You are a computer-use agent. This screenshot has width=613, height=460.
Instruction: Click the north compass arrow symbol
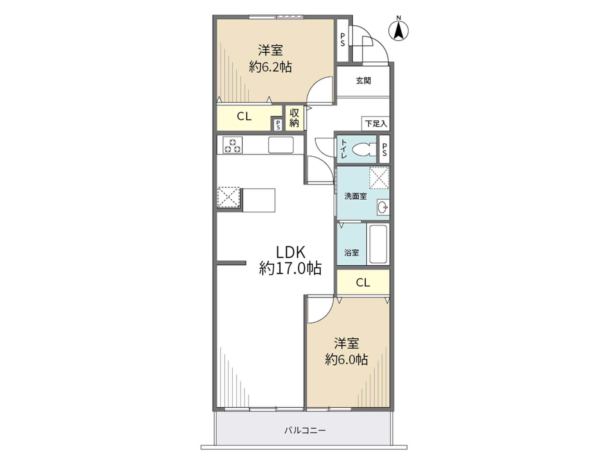tap(398, 31)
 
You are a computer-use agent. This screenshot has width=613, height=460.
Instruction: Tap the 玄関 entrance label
tap(364, 81)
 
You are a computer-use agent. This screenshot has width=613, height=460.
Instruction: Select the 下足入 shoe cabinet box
tap(376, 124)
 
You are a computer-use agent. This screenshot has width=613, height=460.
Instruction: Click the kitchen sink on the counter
tap(281, 145)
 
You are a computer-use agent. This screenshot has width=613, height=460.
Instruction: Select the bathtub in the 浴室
tap(378, 244)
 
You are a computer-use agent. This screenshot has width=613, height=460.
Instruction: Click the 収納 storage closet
tap(294, 118)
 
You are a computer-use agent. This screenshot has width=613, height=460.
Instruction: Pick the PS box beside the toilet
tap(385, 149)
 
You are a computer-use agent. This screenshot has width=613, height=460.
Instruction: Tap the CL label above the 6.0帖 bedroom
tap(363, 282)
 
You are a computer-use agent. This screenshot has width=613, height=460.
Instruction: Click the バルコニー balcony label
tap(305, 431)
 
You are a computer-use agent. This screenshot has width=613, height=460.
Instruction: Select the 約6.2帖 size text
tap(270, 67)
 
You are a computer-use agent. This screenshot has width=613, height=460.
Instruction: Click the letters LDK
tap(291, 252)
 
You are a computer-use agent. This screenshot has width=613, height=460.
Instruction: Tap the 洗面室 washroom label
tap(356, 196)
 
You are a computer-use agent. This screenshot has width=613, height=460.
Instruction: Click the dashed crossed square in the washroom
tap(379, 178)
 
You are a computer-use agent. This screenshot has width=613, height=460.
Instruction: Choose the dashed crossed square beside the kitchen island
tap(228, 197)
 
